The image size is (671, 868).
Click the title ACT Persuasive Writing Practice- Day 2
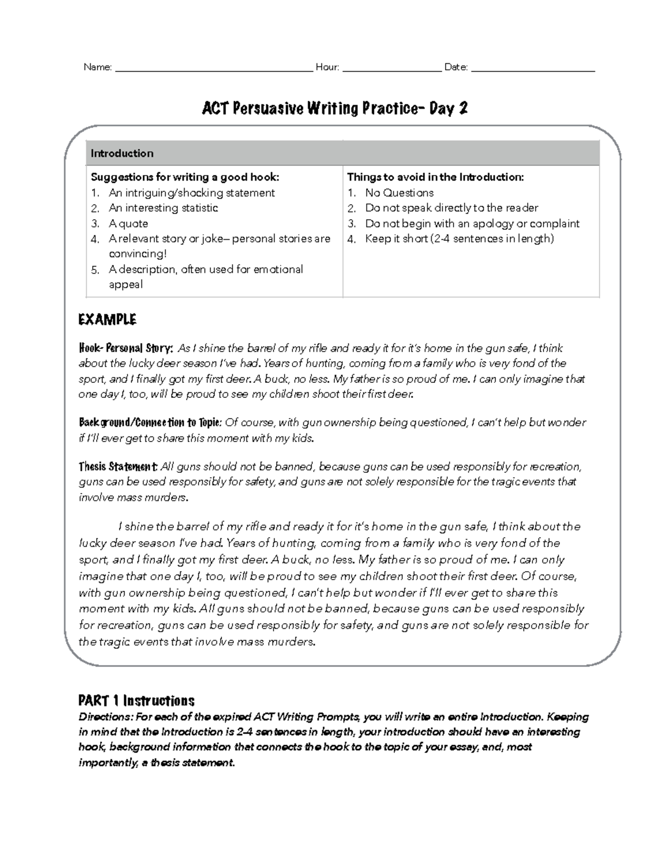pyautogui.click(x=334, y=108)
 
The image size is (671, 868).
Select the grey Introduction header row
pyautogui.click(x=342, y=153)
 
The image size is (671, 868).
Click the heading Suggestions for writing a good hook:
pyautogui.click(x=185, y=177)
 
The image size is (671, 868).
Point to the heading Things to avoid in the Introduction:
pyautogui.click(x=436, y=177)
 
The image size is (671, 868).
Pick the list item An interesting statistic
pyautogui.click(x=163, y=208)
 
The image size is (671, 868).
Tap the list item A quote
pyautogui.click(x=129, y=224)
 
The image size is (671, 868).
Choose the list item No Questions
pyautogui.click(x=399, y=193)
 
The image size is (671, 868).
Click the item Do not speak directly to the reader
pyautogui.click(x=451, y=208)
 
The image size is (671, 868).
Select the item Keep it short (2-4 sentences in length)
pyautogui.click(x=459, y=239)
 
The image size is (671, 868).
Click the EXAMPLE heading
pyautogui.click(x=107, y=320)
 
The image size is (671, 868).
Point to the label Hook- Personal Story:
pyautogui.click(x=126, y=348)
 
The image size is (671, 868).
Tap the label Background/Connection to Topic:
pyautogui.click(x=150, y=423)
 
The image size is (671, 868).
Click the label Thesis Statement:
pyautogui.click(x=119, y=467)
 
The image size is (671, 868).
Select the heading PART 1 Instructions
pyautogui.click(x=136, y=701)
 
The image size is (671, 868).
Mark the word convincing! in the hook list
pyautogui.click(x=138, y=254)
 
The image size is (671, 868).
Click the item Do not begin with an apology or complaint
pyautogui.click(x=472, y=224)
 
